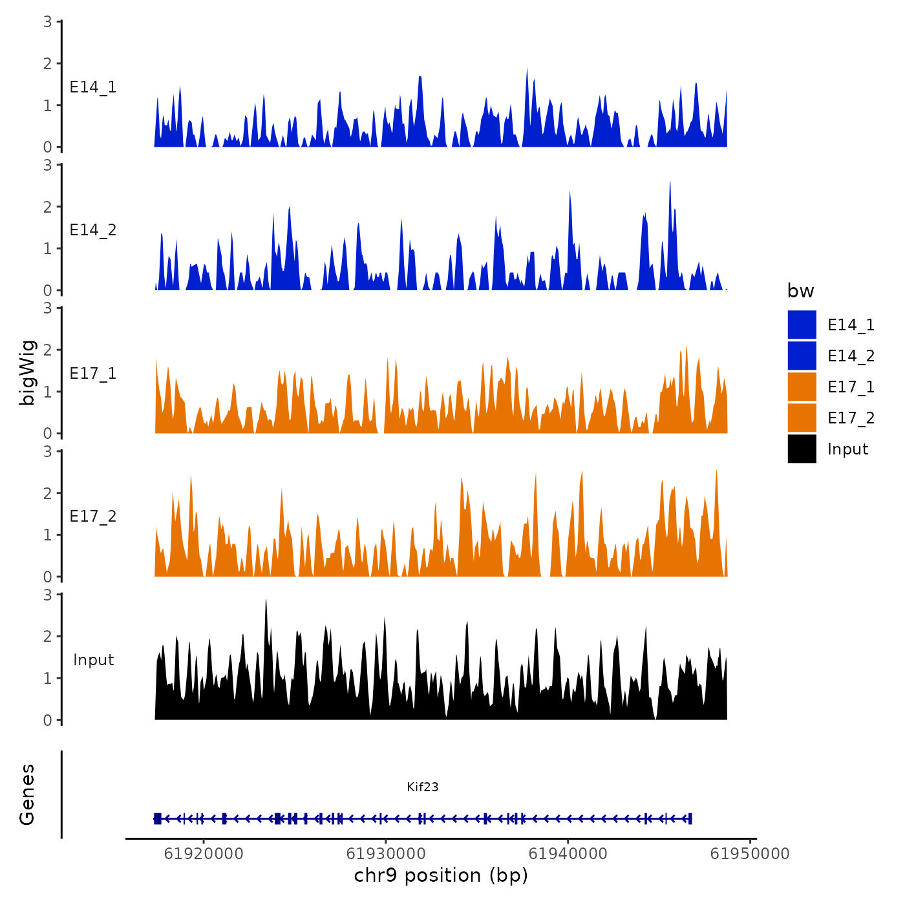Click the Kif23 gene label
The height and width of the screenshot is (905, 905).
423,787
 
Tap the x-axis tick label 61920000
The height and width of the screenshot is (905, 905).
204,854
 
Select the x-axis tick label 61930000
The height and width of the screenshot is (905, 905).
386,854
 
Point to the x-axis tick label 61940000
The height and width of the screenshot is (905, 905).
568,854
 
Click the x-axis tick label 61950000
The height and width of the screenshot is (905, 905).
750,854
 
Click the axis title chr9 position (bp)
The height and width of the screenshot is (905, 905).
441,875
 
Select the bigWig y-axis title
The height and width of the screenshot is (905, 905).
27,372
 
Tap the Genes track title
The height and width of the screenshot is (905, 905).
27,794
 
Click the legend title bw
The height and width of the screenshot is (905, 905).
800,291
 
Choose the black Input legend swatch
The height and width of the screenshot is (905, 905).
802,449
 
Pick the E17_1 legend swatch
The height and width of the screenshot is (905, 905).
802,387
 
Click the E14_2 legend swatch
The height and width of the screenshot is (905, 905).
802,356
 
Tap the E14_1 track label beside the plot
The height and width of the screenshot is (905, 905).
93,87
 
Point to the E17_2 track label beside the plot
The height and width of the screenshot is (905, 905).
93,516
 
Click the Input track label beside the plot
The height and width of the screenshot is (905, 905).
93,659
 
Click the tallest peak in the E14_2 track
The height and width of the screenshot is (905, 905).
670,183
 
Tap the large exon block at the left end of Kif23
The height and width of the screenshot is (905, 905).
157,818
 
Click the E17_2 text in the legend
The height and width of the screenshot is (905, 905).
851,418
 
